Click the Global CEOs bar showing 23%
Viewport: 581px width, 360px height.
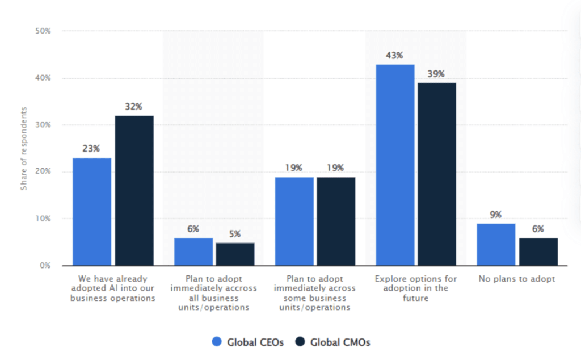pyautogui.click(x=92, y=211)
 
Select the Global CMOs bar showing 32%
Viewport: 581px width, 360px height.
pyautogui.click(x=134, y=190)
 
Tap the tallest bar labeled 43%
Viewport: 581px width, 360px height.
pyautogui.click(x=395, y=165)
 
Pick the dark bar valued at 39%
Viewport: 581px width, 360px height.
pyautogui.click(x=436, y=174)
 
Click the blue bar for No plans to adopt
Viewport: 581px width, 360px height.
pyautogui.click(x=496, y=244)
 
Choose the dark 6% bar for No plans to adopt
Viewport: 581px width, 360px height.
pyautogui.click(x=538, y=252)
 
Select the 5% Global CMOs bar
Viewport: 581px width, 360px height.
pyautogui.click(x=235, y=254)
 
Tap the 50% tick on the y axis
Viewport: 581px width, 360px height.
pyautogui.click(x=43, y=31)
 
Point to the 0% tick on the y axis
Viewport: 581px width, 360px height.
pyautogui.click(x=45, y=266)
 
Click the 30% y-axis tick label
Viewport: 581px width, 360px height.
pyautogui.click(x=43, y=125)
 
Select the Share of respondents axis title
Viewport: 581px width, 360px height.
pyautogui.click(x=24, y=148)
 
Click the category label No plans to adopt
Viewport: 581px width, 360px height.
pyautogui.click(x=517, y=279)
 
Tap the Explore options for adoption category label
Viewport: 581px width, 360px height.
pyautogui.click(x=415, y=288)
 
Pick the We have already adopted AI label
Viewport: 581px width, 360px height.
pyautogui.click(x=112, y=288)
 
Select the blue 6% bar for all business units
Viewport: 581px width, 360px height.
pyautogui.click(x=193, y=252)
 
